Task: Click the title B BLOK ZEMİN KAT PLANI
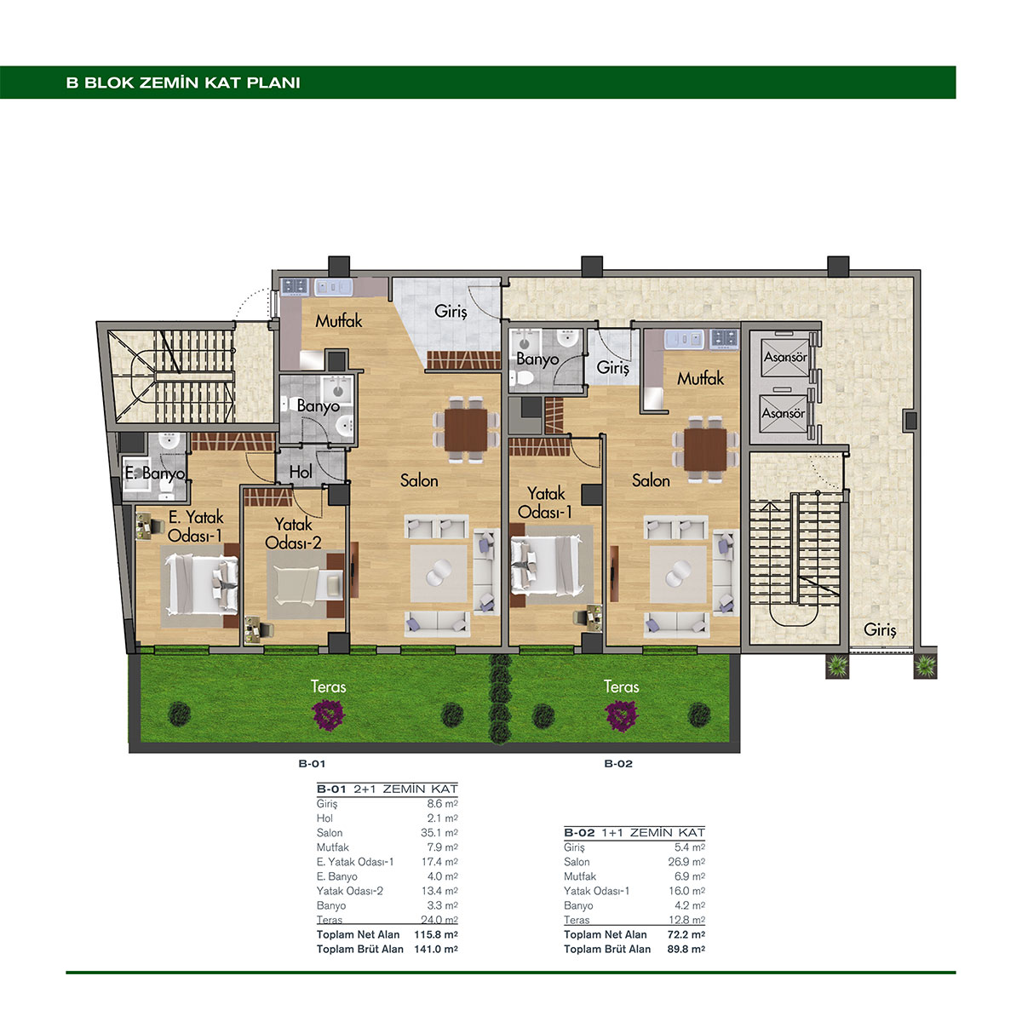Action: [x=183, y=83]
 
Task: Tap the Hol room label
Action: [x=300, y=472]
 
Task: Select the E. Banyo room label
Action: [x=155, y=473]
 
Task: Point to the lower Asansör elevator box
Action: [x=784, y=412]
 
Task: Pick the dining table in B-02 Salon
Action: [x=705, y=449]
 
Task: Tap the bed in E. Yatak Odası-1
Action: [x=200, y=583]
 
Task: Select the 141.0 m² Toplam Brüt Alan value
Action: [x=436, y=949]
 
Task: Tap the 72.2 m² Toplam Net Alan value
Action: [x=686, y=934]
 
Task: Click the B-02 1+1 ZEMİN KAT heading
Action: [x=634, y=833]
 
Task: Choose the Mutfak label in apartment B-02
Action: [x=700, y=379]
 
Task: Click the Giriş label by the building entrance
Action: [x=880, y=629]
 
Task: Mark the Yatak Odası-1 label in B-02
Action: [x=545, y=502]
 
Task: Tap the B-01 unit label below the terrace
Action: [x=312, y=764]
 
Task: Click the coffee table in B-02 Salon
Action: [x=678, y=574]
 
